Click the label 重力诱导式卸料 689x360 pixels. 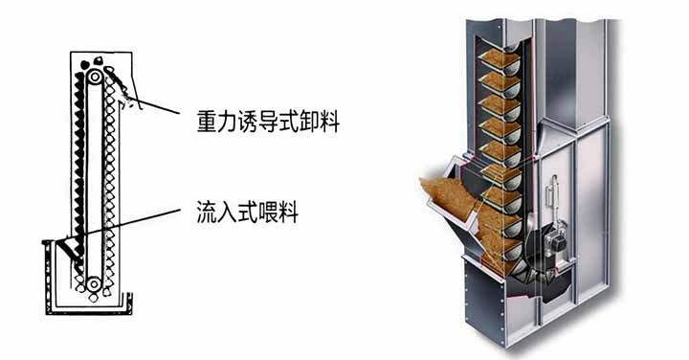(268, 122)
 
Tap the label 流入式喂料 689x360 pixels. (248, 212)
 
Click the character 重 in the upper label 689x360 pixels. (207, 122)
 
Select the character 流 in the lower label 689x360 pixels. (207, 212)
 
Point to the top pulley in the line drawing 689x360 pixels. (95, 78)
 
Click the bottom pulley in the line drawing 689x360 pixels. (94, 284)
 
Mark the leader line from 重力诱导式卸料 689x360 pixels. (156, 105)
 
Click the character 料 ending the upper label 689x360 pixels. (329, 122)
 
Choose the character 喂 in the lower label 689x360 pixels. (268, 212)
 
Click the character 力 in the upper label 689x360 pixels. (228, 122)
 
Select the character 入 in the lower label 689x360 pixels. (227, 212)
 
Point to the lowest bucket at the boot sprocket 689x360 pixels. (522, 276)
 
